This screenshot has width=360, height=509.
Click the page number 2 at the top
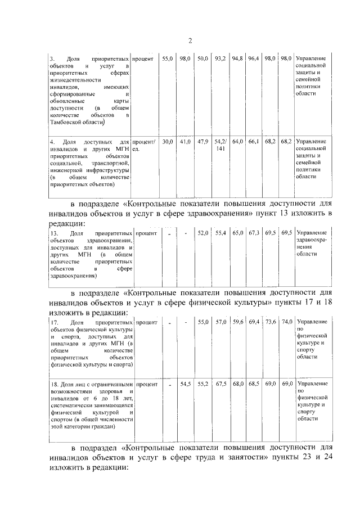pos(190,40)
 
